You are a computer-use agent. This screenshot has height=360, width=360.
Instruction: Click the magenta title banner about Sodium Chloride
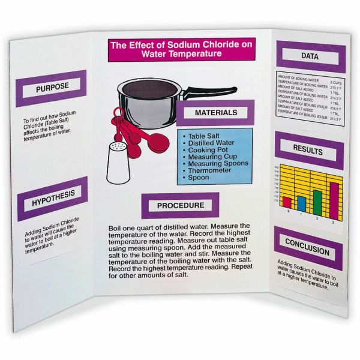[x=187, y=49]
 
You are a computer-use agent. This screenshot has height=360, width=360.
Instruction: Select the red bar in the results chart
[x=287, y=202]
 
